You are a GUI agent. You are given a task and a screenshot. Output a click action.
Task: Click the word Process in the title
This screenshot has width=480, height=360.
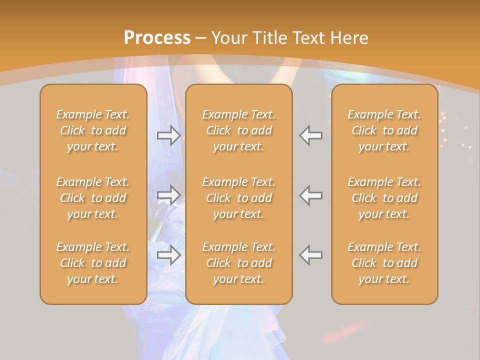[157, 38]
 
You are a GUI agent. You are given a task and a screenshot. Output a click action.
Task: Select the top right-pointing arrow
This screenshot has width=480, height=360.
[168, 135]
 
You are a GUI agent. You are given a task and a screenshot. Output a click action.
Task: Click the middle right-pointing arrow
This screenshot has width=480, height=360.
[168, 195]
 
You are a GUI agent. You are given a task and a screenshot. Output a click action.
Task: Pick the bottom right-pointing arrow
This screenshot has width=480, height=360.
[168, 255]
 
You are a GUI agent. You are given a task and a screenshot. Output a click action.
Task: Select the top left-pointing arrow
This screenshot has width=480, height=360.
[311, 135]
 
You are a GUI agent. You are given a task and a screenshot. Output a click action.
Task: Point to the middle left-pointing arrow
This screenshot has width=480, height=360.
[311, 195]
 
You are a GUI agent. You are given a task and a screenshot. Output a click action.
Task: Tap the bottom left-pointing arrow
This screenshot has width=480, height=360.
[311, 255]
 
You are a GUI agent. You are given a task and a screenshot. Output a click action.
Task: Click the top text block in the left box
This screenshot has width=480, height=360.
[93, 130]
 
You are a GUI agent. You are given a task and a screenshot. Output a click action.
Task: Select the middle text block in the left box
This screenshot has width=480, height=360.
[93, 198]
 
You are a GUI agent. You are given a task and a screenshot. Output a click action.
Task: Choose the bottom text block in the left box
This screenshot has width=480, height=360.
[93, 263]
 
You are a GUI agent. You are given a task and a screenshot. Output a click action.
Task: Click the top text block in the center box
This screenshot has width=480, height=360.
[238, 130]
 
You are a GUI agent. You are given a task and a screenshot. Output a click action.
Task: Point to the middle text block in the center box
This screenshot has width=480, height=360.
[238, 198]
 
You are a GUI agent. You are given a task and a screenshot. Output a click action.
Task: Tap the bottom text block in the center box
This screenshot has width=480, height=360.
[238, 263]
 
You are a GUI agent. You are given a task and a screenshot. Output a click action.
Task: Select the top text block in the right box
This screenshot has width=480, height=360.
[384, 130]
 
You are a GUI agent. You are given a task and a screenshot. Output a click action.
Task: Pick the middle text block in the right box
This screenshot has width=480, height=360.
[384, 198]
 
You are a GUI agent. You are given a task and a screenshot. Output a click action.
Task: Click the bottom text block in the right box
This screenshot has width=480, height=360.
[384, 263]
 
